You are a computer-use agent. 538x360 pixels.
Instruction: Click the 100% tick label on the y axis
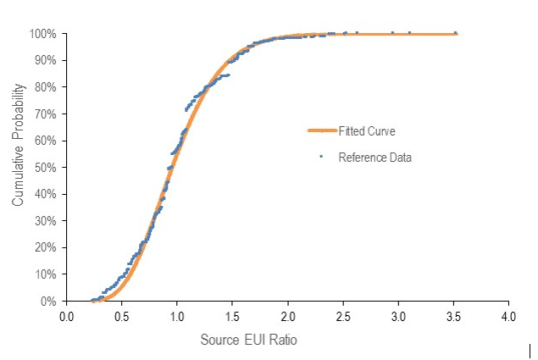(43, 34)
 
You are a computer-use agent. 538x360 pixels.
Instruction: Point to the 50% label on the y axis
(46, 168)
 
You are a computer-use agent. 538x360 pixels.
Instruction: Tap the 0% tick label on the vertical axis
(49, 301)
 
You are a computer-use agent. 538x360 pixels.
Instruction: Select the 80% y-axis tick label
(46, 87)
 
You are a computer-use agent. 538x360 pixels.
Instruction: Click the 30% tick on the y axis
(46, 221)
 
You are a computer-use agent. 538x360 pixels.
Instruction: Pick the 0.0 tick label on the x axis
(67, 317)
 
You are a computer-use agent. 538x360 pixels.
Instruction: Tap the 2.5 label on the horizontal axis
(343, 317)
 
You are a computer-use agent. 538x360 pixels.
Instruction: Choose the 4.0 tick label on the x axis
(508, 317)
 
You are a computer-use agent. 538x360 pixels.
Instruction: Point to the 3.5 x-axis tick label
(453, 317)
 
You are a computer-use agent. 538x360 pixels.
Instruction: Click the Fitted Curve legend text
(367, 131)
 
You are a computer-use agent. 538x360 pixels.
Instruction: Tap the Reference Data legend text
(374, 157)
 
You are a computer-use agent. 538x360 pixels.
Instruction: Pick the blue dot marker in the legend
(322, 157)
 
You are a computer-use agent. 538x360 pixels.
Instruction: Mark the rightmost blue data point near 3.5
(456, 33)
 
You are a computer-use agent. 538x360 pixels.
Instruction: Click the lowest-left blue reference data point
(92, 300)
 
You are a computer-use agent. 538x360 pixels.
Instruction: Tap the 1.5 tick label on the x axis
(232, 317)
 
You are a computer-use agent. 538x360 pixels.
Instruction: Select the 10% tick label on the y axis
(46, 274)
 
